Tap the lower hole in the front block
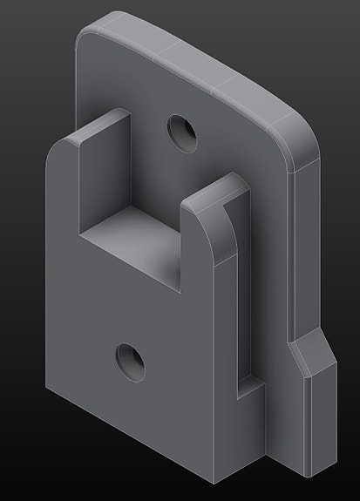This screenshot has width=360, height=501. (x=130, y=360)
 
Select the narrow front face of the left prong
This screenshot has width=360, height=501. (x=63, y=192)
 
